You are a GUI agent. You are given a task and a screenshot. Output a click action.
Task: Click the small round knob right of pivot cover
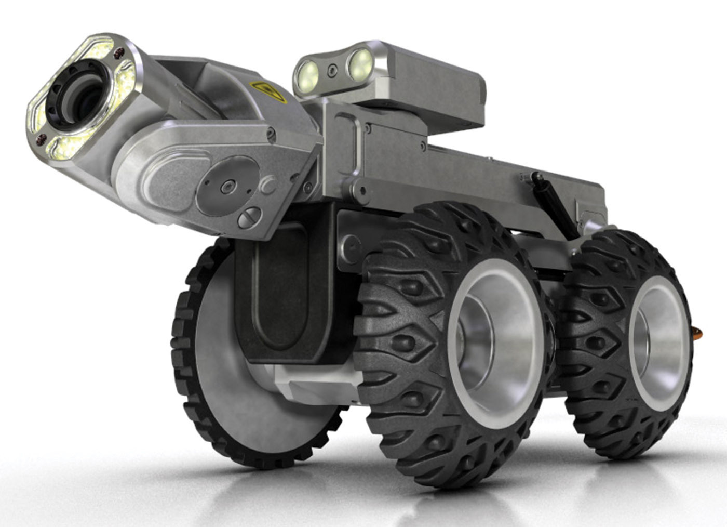click(x=268, y=185)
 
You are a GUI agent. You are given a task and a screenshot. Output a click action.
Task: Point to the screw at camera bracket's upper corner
click(x=269, y=134)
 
